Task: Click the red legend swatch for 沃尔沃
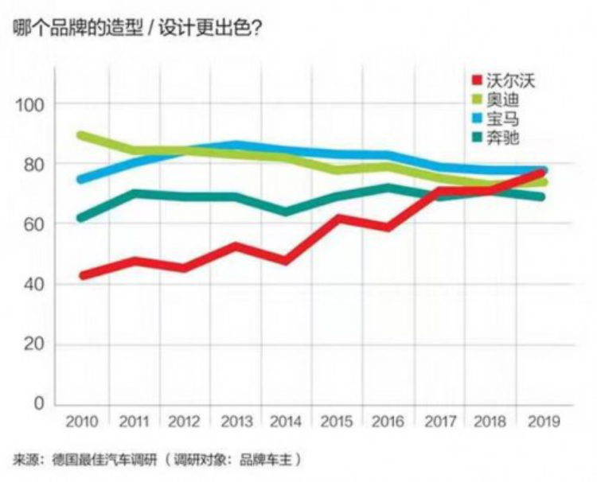[476, 80]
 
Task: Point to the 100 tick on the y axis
[29, 104]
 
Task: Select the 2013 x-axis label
[237, 421]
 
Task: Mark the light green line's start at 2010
[83, 136]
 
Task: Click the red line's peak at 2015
[338, 218]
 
